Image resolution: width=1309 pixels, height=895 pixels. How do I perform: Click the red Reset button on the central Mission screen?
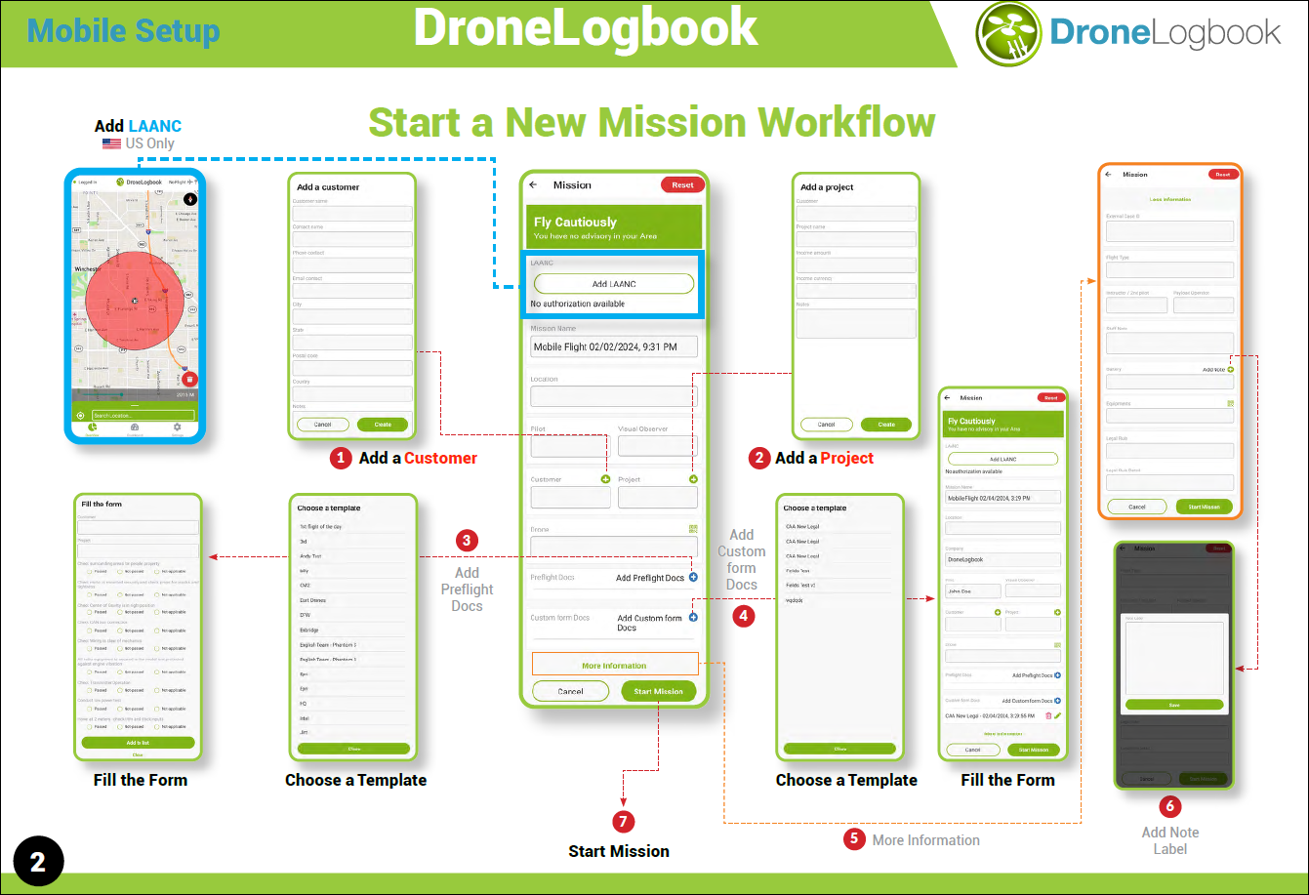[682, 184]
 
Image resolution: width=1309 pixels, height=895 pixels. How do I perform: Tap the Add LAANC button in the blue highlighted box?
[614, 284]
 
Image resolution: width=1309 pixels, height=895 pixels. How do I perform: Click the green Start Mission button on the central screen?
[658, 691]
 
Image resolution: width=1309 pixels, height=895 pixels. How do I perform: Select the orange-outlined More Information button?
[615, 665]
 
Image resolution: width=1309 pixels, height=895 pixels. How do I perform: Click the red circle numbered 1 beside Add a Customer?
[341, 458]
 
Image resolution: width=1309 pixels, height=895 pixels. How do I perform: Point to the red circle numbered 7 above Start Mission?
[624, 822]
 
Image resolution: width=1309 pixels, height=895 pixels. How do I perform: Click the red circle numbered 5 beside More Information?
[855, 839]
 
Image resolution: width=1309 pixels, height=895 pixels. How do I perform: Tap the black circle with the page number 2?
[38, 861]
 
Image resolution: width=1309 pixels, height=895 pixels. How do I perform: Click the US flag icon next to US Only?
[111, 143]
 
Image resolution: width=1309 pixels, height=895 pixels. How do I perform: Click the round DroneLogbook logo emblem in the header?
[1009, 34]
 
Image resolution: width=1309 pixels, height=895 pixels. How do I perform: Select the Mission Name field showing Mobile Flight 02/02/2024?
[614, 346]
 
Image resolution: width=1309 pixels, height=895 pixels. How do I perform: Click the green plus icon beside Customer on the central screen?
[605, 479]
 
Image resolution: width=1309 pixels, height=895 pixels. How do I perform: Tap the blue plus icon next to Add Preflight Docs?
[693, 578]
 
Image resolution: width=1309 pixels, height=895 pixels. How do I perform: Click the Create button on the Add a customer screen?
[383, 425]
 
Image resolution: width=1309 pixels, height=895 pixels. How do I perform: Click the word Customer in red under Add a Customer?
[441, 458]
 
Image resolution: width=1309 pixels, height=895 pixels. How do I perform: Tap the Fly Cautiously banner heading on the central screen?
[576, 222]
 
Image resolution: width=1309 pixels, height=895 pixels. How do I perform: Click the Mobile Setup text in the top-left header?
[123, 30]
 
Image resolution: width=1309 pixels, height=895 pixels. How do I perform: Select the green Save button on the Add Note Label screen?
[1173, 704]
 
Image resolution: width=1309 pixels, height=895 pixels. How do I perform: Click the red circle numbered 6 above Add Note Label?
[1170, 807]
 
